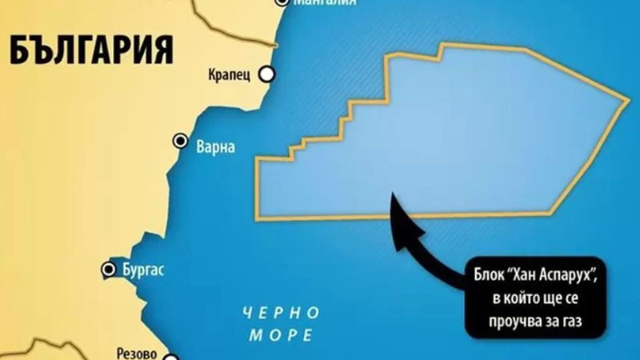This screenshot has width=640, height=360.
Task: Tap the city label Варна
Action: (x=214, y=146)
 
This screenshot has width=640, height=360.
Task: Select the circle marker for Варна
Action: (x=181, y=141)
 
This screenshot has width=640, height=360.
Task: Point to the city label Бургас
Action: (x=144, y=270)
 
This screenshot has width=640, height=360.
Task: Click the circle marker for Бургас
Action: (x=109, y=269)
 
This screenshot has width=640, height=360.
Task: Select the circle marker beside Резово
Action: (x=170, y=353)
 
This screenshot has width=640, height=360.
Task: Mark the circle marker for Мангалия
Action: (x=282, y=2)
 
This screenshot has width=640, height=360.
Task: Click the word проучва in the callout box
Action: (x=538, y=322)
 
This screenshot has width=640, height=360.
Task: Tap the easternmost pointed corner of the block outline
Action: (x=629, y=102)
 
